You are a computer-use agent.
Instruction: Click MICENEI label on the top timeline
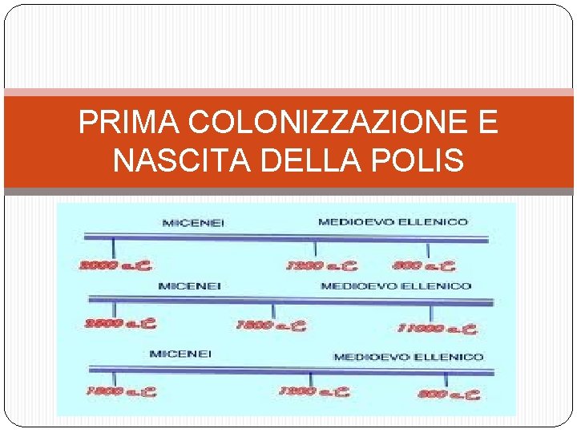pos(193,223)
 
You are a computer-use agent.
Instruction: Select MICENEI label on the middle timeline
pos(190,286)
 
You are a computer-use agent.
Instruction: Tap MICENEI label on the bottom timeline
pos(180,354)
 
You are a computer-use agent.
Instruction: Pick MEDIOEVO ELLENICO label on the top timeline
pos(393,222)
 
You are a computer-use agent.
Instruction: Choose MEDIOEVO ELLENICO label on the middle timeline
pos(396,286)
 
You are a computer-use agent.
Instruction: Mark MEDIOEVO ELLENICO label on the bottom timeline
pos(408,357)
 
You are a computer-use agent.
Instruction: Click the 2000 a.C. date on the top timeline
pos(115,265)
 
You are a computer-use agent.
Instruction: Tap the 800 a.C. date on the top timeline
pos(424,265)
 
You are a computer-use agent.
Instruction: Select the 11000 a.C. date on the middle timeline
pos(436,328)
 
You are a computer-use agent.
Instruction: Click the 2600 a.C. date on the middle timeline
pos(120,325)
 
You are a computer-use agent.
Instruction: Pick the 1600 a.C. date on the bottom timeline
pos(120,392)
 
